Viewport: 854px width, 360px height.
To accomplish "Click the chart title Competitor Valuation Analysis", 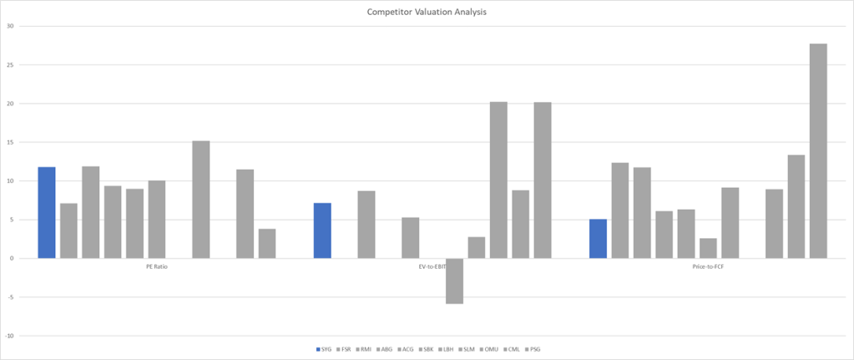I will coord(427,13).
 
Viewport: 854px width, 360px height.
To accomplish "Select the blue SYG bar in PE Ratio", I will coord(47,213).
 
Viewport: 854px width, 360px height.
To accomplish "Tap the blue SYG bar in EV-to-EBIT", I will coord(322,231).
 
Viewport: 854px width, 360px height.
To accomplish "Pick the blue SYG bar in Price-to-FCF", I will coord(598,239).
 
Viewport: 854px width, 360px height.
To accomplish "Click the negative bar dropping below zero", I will coord(454,281).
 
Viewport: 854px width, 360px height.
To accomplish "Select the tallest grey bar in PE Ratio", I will coord(201,200).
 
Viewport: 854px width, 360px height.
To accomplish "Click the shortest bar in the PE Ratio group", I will coord(267,243).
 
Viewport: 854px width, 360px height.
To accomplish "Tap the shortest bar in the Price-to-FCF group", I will coord(708,248).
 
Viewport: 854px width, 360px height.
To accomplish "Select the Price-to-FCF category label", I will coord(708,268).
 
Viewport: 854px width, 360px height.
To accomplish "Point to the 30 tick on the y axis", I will coord(11,26).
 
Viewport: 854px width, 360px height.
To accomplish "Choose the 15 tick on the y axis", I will coord(11,142).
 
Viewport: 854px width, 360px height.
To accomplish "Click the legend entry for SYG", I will coord(325,349).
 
